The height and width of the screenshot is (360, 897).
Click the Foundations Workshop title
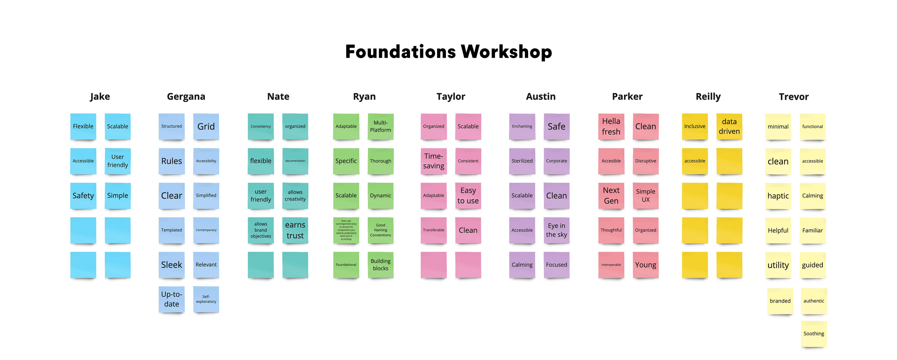point(448,52)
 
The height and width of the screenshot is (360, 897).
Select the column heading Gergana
point(186,97)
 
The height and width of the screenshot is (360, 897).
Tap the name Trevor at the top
point(794,97)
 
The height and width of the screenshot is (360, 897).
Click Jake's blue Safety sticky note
point(83,196)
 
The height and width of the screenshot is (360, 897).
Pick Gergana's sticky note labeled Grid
point(206,126)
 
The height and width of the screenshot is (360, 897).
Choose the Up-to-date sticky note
point(172,299)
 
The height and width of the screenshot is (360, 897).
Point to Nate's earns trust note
point(295,230)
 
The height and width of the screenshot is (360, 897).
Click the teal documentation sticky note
point(295,161)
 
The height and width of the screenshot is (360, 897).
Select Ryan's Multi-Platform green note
point(380,126)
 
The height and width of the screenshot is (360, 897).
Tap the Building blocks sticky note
point(380,265)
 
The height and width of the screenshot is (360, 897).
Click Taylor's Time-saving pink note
point(433,161)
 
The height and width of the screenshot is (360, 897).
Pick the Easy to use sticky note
point(468,196)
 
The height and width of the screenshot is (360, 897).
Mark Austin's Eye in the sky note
point(556,230)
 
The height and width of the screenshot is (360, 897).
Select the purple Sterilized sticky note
point(522,161)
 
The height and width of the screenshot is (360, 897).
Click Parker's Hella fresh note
point(611,126)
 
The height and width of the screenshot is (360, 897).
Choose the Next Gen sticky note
point(611,196)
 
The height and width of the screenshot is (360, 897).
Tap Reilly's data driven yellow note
point(729,126)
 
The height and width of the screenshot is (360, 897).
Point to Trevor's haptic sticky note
point(778,196)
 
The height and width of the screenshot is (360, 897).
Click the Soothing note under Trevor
point(814,334)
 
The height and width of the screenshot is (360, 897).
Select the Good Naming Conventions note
point(380,230)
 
